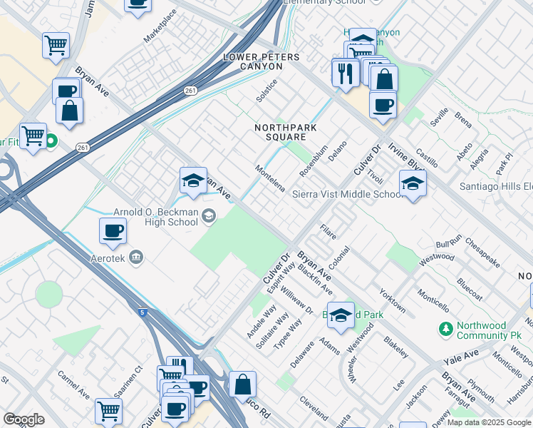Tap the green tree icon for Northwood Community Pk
[x=446, y=330]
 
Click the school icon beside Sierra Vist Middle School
[x=413, y=184]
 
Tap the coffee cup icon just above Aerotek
[x=113, y=230]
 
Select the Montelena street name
[x=271, y=178]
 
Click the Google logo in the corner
[x=24, y=419]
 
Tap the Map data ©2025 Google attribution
[x=489, y=422]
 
